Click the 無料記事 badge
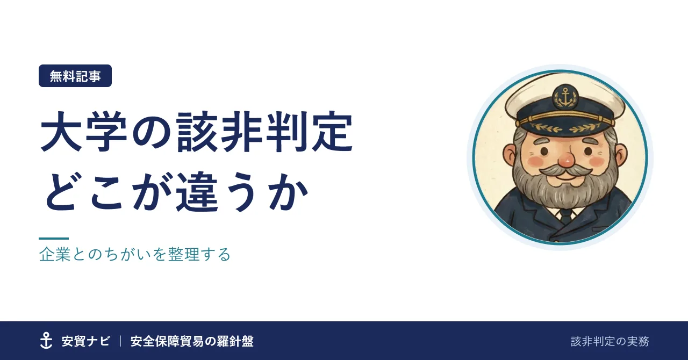75,76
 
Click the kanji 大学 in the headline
83,132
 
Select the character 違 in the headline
198,191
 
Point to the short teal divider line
54,239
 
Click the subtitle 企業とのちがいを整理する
135,254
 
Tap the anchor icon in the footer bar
46,340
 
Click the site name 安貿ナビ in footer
85,341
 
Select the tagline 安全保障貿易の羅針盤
192,341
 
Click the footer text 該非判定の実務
610,341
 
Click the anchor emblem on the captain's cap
565,97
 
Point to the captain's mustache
565,170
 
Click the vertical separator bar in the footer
120,341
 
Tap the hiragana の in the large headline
152,133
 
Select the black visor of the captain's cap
565,126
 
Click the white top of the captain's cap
565,92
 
